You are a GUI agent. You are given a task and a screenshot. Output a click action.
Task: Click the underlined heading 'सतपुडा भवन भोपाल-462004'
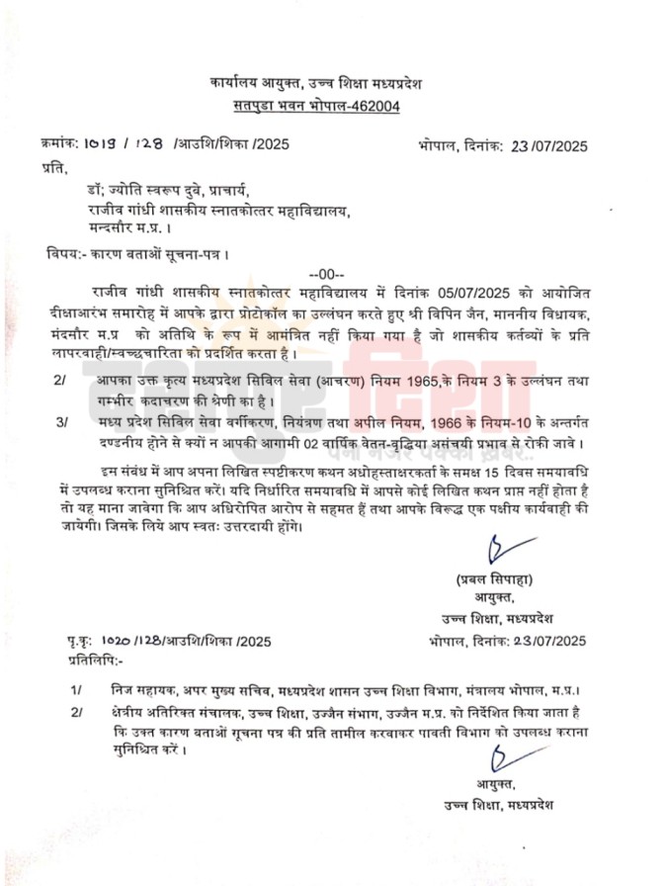pos(317,107)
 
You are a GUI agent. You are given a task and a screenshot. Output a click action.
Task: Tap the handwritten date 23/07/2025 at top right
pos(548,146)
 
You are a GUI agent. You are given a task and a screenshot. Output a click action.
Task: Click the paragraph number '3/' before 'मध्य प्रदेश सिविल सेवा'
pos(61,420)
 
